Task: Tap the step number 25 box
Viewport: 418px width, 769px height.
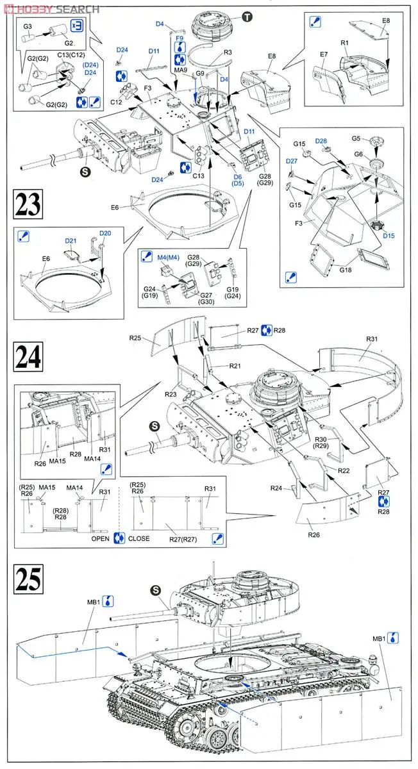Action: [28, 578]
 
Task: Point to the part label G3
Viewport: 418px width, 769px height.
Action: [28, 27]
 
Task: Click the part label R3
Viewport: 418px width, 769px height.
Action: [228, 53]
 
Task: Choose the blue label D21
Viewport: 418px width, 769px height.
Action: [71, 241]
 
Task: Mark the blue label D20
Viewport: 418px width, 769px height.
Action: [105, 233]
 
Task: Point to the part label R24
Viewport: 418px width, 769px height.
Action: [294, 488]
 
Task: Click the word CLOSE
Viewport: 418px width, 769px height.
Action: [139, 538]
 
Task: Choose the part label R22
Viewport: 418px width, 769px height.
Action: [345, 470]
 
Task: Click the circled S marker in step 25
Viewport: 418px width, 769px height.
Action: [155, 590]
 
